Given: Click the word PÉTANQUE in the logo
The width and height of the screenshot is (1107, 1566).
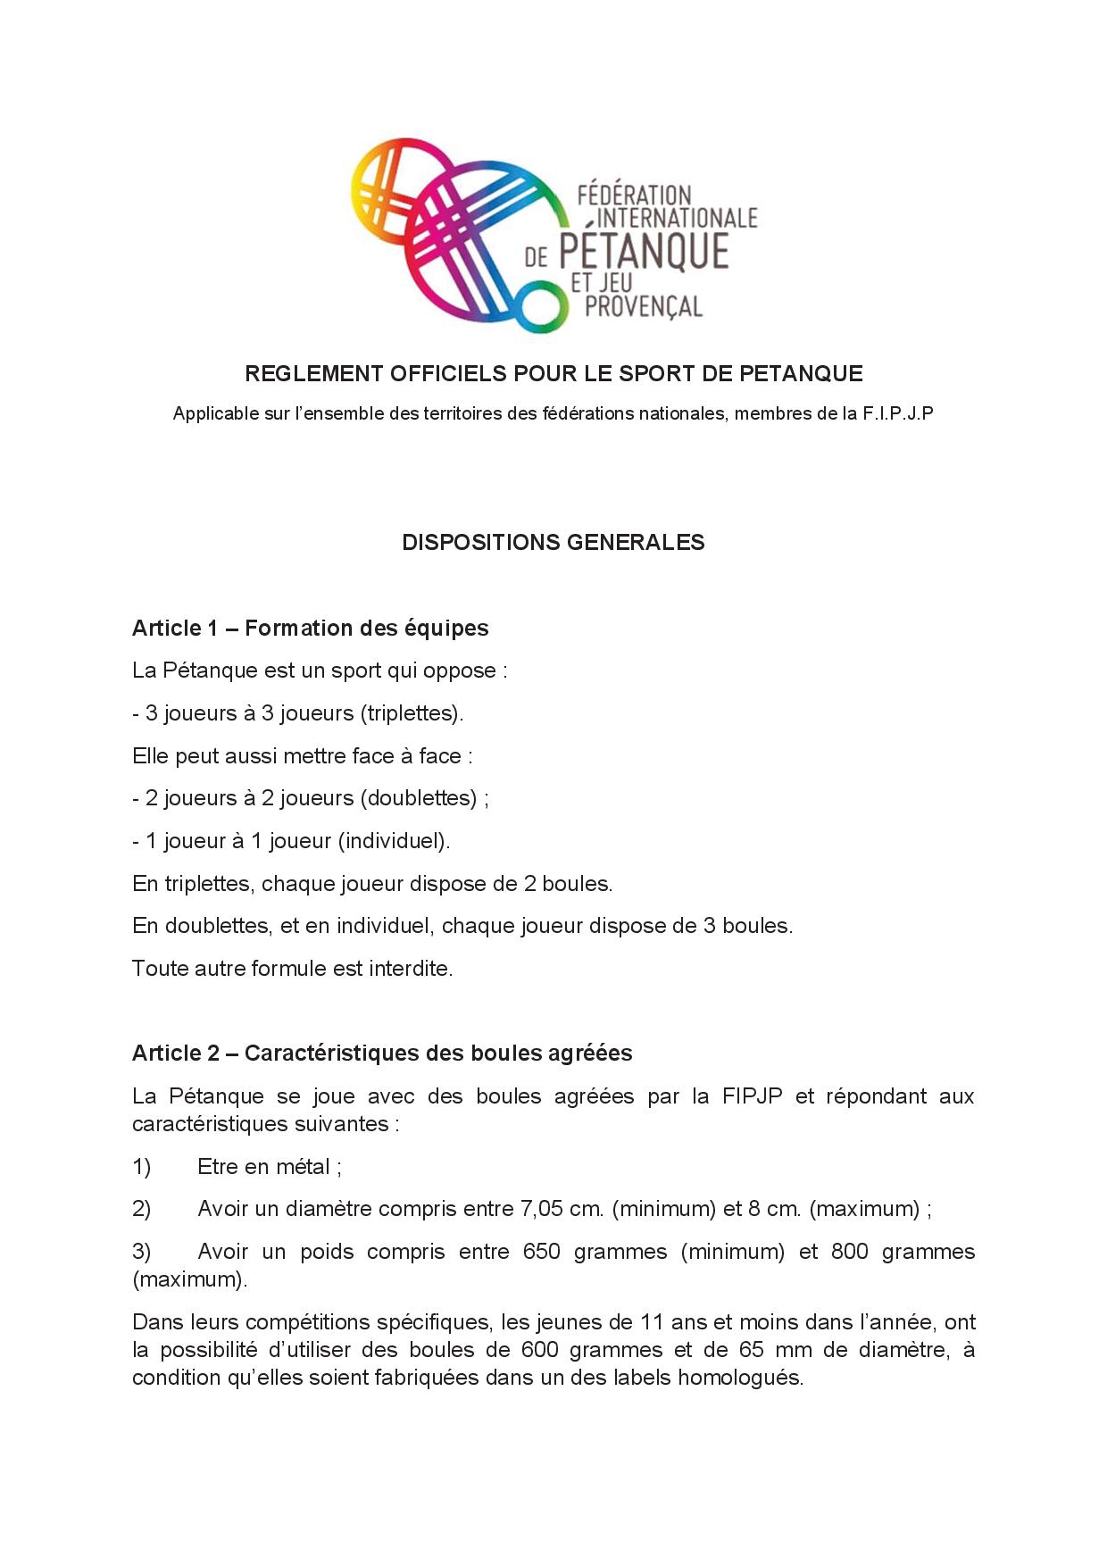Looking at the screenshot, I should (x=644, y=252).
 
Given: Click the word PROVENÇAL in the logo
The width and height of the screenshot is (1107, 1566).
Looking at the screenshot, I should (x=643, y=306).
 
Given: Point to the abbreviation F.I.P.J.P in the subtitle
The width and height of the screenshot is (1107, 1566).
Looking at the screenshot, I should (x=898, y=413).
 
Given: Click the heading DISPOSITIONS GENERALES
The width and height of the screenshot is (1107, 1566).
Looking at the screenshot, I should (x=553, y=543).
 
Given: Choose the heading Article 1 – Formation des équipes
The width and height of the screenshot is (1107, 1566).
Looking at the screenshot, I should (x=310, y=629).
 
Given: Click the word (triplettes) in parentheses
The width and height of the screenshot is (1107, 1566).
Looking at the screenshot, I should (x=412, y=713).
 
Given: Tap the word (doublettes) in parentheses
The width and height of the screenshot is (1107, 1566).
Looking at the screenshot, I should (x=419, y=798).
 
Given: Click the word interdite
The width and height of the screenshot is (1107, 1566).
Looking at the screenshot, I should (x=410, y=969).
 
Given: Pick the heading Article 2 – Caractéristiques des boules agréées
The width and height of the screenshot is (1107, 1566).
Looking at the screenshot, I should (x=382, y=1054).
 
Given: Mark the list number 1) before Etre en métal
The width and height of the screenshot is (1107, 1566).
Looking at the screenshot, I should (x=142, y=1167).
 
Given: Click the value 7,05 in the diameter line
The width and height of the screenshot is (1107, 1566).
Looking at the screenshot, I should (x=541, y=1210).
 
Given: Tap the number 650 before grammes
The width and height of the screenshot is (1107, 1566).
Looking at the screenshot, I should (x=542, y=1252).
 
